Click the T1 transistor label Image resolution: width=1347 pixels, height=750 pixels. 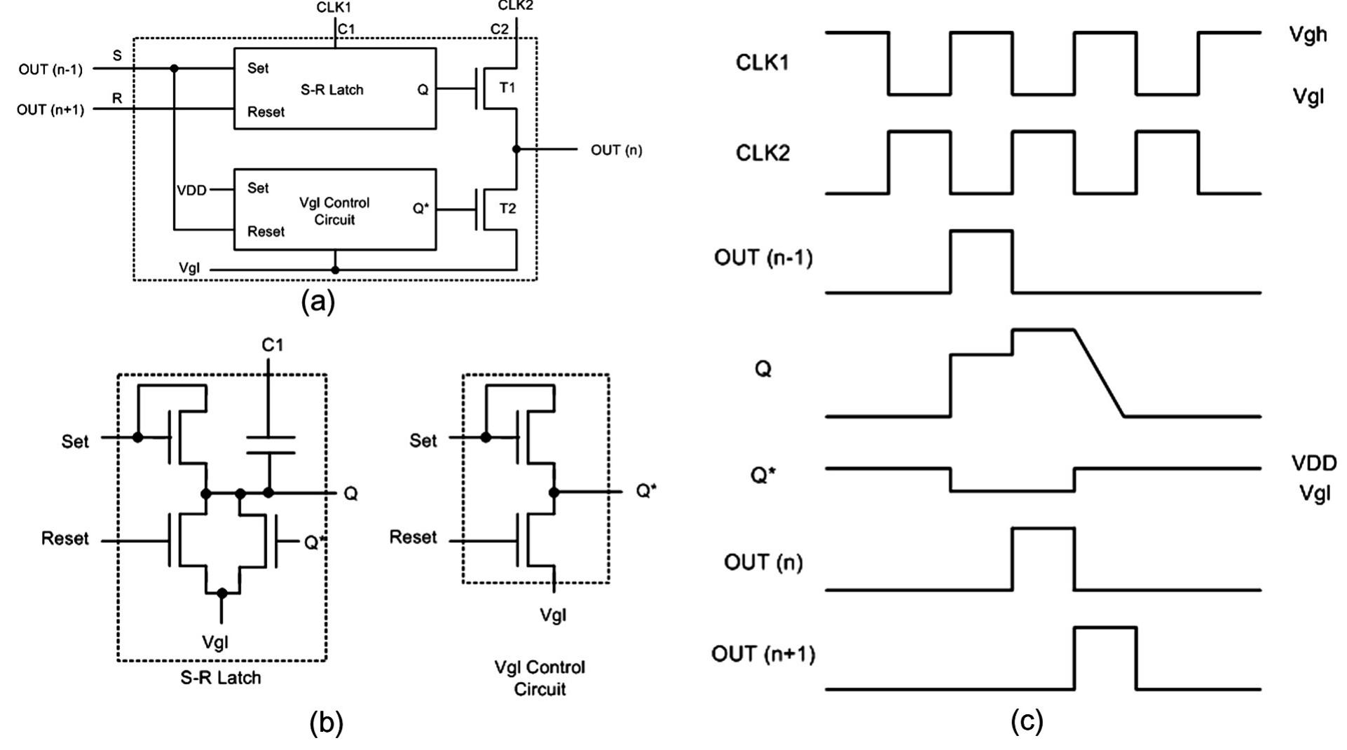[x=507, y=88]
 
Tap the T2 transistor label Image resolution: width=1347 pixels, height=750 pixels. [x=507, y=209]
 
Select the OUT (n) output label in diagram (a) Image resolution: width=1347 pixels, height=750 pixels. [x=616, y=150]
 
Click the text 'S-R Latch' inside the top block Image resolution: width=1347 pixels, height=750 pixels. [x=332, y=90]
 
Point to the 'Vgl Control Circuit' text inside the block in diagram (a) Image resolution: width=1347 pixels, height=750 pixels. [x=334, y=211]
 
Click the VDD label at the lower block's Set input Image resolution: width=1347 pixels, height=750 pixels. [x=191, y=190]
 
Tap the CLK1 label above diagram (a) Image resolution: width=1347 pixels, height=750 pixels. [x=334, y=8]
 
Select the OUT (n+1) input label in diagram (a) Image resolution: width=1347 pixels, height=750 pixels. [x=50, y=110]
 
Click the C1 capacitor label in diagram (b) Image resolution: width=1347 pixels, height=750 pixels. [x=273, y=345]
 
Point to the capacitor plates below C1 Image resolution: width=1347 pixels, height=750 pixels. [x=270, y=445]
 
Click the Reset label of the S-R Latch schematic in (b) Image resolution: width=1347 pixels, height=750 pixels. [x=65, y=539]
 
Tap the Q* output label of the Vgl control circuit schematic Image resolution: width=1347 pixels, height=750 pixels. [x=646, y=491]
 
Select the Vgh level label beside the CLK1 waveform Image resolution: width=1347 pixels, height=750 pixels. [x=1308, y=35]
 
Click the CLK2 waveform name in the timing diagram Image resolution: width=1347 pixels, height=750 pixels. [x=763, y=153]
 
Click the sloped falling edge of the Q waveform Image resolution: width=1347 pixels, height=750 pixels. [x=1099, y=373]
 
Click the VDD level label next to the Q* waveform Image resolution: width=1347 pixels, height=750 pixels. [x=1313, y=463]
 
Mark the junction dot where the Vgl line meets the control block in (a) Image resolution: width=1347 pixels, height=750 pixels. [x=335, y=270]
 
